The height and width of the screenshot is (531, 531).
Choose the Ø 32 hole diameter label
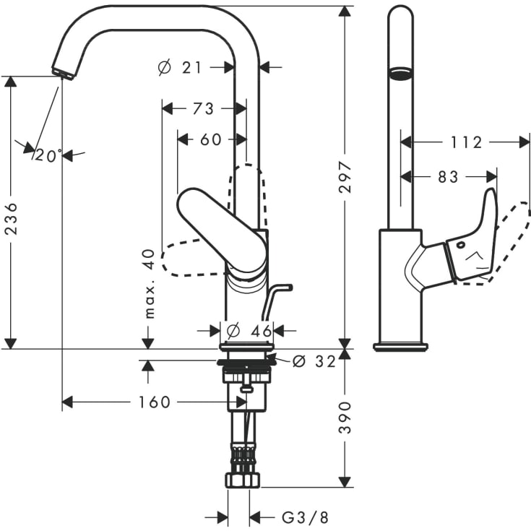point(315,361)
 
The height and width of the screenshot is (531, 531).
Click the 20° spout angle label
point(48,155)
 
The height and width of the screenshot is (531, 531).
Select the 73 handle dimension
point(203,108)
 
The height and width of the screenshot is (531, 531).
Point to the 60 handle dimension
point(210,139)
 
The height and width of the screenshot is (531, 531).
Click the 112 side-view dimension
point(465,142)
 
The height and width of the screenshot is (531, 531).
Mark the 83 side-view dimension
point(448,176)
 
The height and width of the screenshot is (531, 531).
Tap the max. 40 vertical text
point(150,284)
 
